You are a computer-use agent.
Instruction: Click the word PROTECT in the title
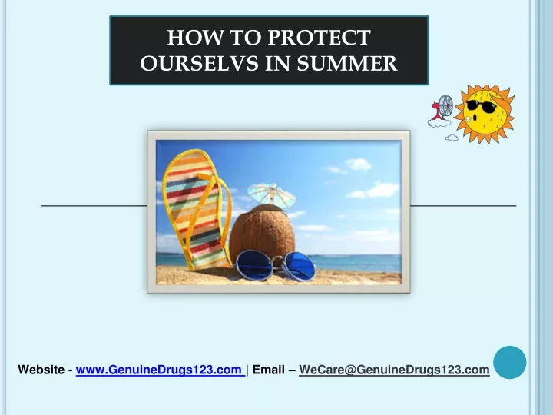tap(319, 38)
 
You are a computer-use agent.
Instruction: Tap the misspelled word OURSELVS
tap(199, 64)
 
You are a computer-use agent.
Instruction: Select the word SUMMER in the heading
tap(347, 64)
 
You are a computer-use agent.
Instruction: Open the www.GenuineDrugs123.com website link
tap(160, 370)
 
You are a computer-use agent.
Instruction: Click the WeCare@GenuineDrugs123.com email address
tap(394, 370)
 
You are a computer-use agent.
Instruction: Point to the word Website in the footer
tap(41, 370)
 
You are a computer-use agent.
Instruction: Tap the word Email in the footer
tap(268, 370)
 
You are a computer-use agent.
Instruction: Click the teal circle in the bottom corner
tap(510, 363)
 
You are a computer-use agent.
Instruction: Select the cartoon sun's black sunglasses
tap(480, 106)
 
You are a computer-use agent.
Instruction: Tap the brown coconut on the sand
tap(262, 234)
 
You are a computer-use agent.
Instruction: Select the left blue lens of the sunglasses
tap(254, 264)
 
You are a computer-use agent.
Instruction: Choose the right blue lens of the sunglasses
tap(298, 267)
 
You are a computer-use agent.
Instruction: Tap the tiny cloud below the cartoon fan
tap(452, 138)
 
